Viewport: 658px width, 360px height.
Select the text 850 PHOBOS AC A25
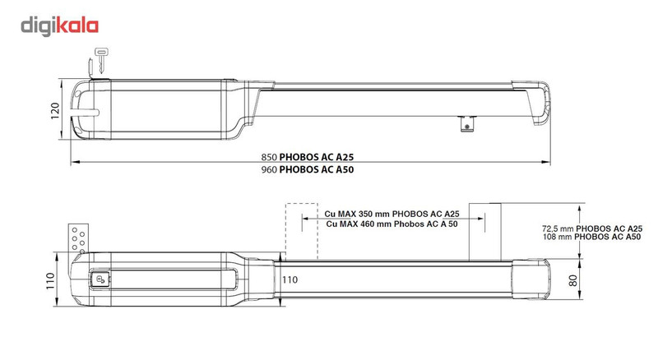[317, 155]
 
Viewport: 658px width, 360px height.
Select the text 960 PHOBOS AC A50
[317, 169]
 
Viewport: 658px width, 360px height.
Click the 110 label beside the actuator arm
[290, 279]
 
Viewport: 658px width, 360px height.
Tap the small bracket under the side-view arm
[467, 122]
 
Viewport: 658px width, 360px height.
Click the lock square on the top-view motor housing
[102, 279]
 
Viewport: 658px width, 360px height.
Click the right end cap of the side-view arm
[543, 105]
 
